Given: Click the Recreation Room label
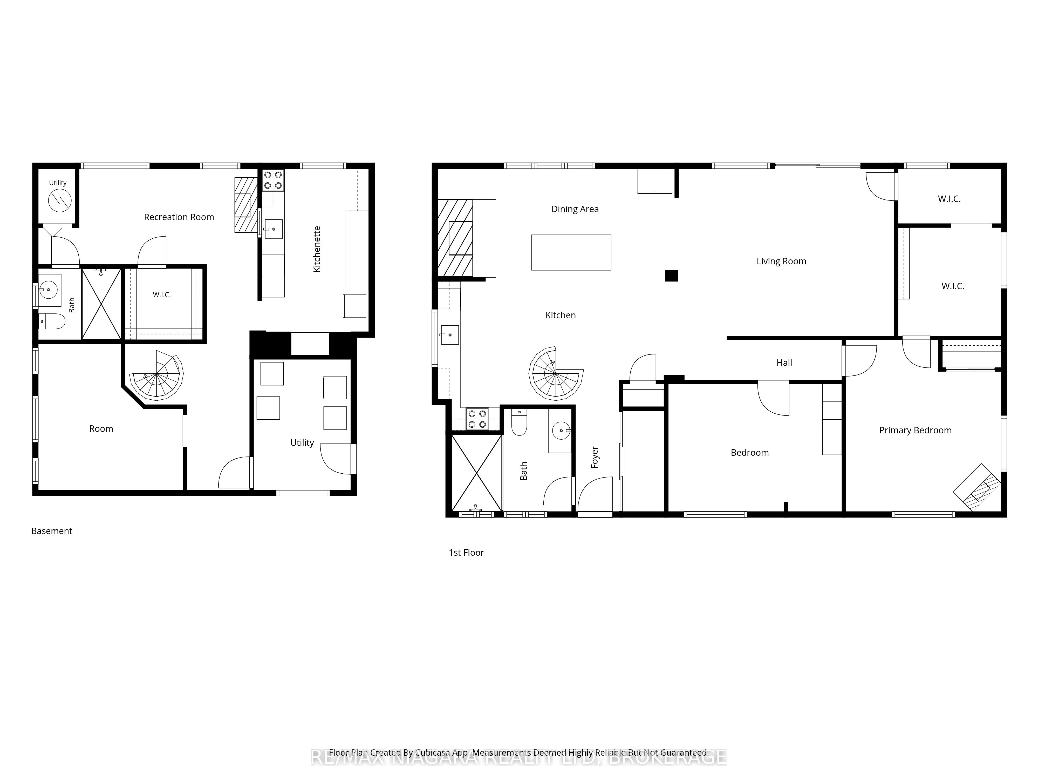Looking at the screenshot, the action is pyautogui.click(x=179, y=217).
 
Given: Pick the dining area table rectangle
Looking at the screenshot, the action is pyautogui.click(x=571, y=253).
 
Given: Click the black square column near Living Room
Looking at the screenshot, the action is pyautogui.click(x=672, y=276).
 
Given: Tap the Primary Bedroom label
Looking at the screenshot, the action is pyautogui.click(x=915, y=430).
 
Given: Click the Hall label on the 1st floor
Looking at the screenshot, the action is pyautogui.click(x=784, y=362).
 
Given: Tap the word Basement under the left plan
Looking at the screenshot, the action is pyautogui.click(x=52, y=531).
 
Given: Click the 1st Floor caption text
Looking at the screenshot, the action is pyautogui.click(x=466, y=553).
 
